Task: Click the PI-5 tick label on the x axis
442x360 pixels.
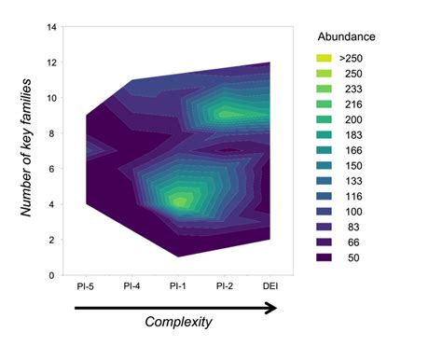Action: click(86, 285)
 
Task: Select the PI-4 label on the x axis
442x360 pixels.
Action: click(132, 285)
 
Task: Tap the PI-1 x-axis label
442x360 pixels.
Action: click(179, 285)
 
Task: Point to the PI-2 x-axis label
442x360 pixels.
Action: click(225, 285)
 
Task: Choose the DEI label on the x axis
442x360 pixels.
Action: click(270, 285)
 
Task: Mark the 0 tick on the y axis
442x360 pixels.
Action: click(52, 275)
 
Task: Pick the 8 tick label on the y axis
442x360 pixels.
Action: click(52, 134)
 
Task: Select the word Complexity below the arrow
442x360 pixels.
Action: click(178, 322)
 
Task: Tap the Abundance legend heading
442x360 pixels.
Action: click(346, 37)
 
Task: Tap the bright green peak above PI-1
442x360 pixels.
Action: click(181, 199)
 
